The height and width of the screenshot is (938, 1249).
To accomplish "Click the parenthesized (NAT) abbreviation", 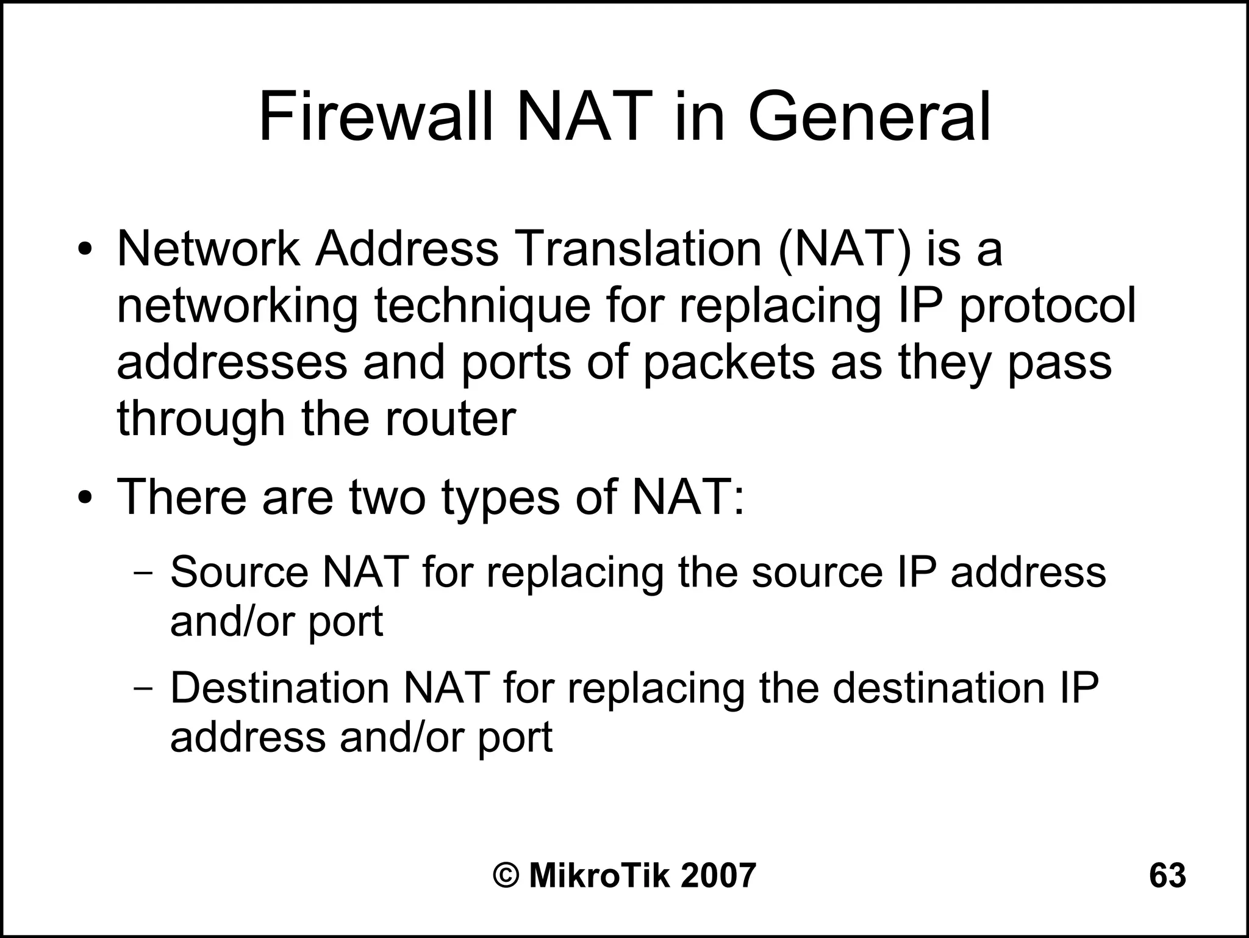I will tap(844, 250).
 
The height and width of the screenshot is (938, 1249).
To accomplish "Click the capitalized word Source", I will tap(240, 572).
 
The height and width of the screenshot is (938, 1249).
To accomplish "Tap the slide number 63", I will tap(1167, 875).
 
